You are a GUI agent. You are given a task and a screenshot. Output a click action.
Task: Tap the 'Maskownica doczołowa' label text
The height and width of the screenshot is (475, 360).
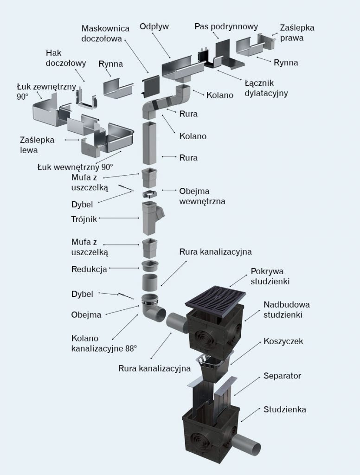coord(105,34)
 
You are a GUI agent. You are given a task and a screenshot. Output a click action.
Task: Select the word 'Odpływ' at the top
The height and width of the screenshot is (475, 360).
coord(154,26)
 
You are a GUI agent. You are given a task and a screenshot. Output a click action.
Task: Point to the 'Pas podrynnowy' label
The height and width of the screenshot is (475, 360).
coord(226,26)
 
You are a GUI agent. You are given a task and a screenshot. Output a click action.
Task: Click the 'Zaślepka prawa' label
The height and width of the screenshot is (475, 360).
coord(297,32)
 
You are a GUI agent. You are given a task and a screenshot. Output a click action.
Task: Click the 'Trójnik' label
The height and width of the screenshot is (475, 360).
coord(84,219)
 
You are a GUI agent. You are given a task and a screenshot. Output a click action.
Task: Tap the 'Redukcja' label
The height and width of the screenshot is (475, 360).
coord(90,269)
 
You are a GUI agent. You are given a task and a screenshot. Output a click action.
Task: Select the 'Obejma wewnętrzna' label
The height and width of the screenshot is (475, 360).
coord(202,195)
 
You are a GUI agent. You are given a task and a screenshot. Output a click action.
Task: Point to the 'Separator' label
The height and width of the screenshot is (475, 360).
coord(282,376)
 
